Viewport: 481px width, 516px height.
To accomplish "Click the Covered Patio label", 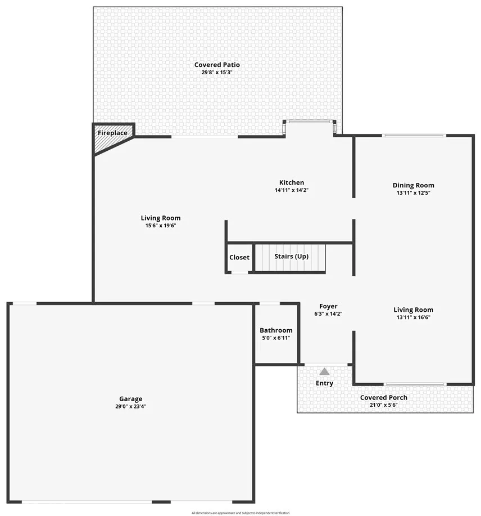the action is click(x=217, y=65).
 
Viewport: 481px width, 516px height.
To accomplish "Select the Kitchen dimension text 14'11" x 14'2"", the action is click(x=292, y=190).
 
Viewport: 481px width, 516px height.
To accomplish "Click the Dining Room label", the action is click(x=414, y=185).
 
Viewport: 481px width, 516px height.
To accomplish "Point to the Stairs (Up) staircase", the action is click(x=290, y=258).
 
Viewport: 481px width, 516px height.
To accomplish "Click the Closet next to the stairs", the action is click(x=239, y=257).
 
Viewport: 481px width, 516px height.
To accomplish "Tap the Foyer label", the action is click(x=328, y=306).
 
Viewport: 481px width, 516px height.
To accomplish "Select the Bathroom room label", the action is click(x=276, y=330).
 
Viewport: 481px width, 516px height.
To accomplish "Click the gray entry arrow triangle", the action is click(x=324, y=371).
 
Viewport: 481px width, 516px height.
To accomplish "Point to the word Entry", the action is click(x=324, y=383).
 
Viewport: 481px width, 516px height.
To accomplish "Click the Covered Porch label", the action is click(x=383, y=397).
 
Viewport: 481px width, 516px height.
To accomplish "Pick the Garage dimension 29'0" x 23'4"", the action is click(x=130, y=406).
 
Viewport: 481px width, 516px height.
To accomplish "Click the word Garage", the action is click(x=130, y=399).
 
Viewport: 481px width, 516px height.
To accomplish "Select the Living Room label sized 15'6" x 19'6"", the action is click(x=161, y=218).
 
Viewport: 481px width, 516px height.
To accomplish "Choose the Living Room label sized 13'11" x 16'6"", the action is click(x=414, y=309).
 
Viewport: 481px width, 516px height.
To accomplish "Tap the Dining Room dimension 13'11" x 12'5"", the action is click(x=414, y=193).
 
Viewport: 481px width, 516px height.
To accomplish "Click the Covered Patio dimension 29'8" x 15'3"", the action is click(x=217, y=73).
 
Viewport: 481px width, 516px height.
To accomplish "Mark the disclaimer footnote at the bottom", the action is click(x=240, y=513).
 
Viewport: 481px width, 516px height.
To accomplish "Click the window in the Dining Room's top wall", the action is click(x=414, y=135).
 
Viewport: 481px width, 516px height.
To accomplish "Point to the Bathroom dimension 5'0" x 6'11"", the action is click(x=276, y=338).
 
